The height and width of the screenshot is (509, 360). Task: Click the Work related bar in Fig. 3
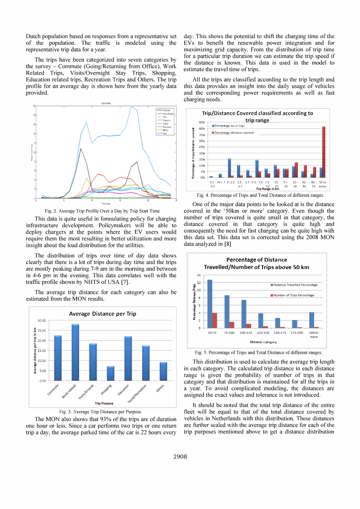[75, 352]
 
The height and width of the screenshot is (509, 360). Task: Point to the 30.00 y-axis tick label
[42, 320]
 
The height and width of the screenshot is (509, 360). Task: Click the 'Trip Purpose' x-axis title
[104, 403]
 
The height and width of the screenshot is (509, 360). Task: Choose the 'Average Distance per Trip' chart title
[103, 314]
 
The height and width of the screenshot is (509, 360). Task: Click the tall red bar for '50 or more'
[324, 152]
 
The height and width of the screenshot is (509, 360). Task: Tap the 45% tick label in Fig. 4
[202, 122]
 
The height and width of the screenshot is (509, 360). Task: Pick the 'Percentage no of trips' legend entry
[229, 126]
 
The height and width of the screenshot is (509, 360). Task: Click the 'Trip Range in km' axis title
[267, 189]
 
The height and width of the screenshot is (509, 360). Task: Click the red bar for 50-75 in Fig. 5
[215, 320]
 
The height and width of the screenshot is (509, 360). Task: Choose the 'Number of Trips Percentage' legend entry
[294, 295]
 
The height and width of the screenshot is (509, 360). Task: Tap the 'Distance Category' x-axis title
[263, 342]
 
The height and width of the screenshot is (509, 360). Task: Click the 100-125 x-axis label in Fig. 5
[246, 333]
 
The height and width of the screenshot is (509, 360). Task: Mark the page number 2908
[180, 457]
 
